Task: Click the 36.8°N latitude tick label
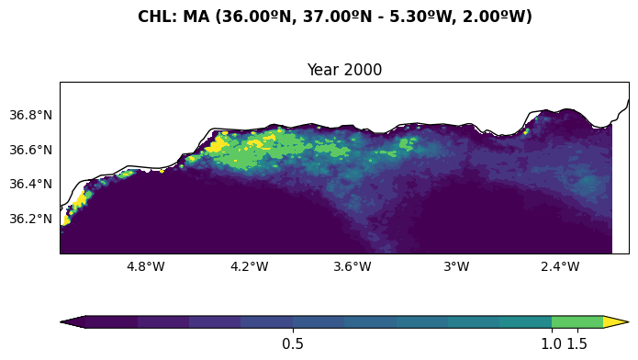31,115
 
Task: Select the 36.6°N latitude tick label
31,150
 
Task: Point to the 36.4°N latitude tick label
31,184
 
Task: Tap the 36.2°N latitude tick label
31,219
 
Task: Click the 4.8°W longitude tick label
146,266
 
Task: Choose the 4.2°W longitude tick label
250,266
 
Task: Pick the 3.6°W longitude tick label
353,266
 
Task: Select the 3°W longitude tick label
456,266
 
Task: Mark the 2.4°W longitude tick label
560,266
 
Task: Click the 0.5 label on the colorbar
293,344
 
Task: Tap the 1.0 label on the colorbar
552,344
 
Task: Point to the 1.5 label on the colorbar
577,344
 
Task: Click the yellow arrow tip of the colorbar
628,321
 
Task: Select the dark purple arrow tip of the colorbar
61,321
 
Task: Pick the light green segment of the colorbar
577,321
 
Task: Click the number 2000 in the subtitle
364,70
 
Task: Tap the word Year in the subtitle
324,70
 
